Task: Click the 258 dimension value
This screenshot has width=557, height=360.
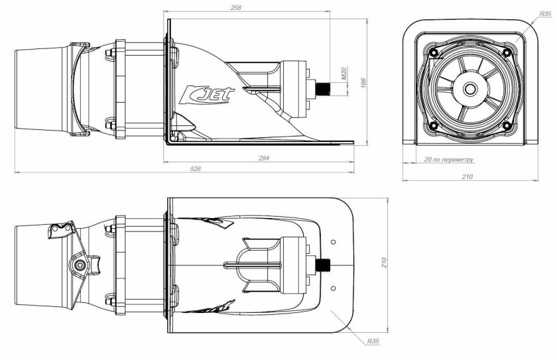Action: (x=235, y=8)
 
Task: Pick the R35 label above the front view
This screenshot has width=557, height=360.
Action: (x=544, y=13)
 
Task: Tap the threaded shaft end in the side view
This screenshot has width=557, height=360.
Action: (x=327, y=88)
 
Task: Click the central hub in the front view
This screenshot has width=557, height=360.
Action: (x=469, y=88)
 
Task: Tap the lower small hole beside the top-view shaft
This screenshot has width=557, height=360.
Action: (x=333, y=287)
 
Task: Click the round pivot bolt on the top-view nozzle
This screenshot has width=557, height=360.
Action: (x=79, y=265)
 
